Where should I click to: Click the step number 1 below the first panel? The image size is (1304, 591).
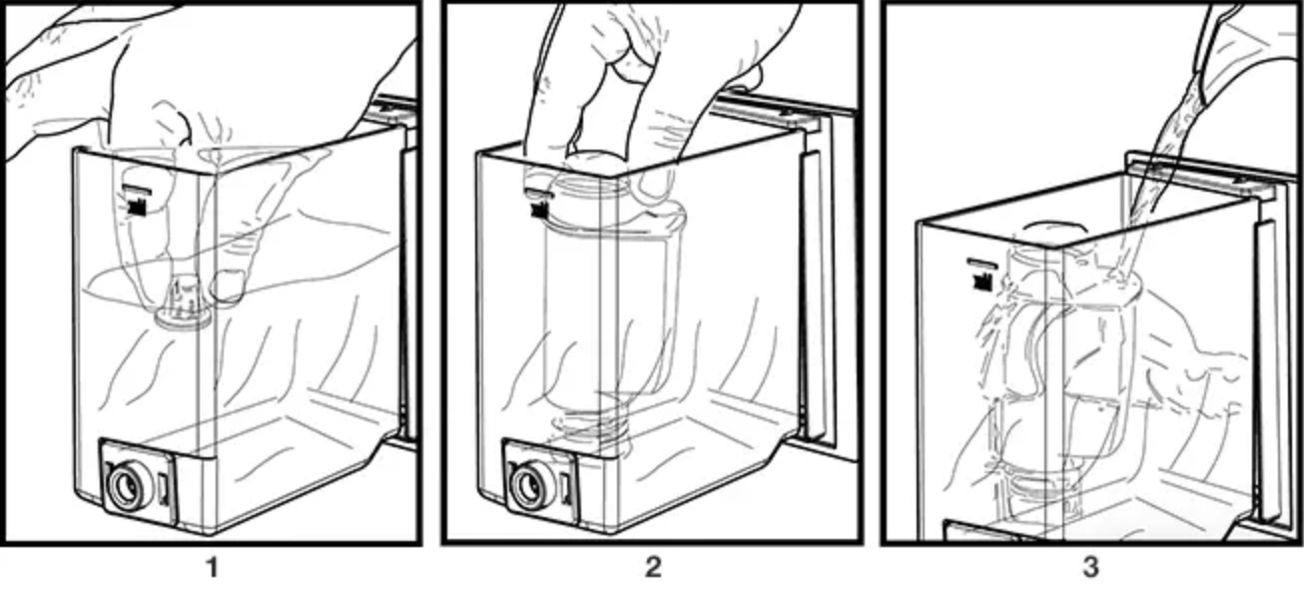[x=213, y=568]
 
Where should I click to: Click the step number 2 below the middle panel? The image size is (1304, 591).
[x=653, y=567]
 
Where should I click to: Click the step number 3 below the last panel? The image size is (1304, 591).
[x=1090, y=567]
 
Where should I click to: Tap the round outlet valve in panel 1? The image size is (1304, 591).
[x=125, y=488]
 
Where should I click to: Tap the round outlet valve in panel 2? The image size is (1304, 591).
[x=528, y=484]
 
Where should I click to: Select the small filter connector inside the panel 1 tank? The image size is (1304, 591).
[x=183, y=303]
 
